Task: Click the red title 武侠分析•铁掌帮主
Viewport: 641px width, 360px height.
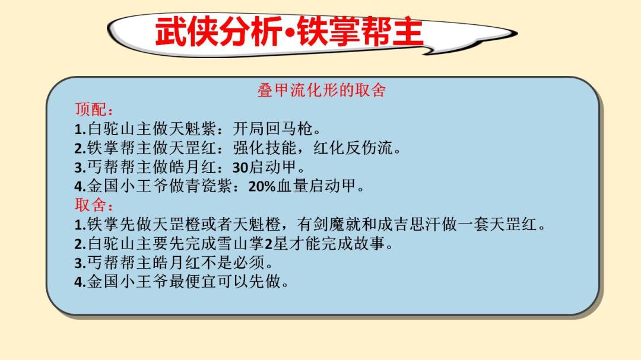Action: [x=288, y=31]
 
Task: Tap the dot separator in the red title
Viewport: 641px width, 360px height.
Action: [x=290, y=33]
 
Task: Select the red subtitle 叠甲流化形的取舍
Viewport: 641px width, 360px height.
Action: [x=322, y=90]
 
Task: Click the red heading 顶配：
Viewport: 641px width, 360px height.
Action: [x=94, y=110]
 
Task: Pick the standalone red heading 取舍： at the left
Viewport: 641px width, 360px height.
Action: [x=94, y=205]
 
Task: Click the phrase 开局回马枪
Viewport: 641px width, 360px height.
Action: [x=272, y=129]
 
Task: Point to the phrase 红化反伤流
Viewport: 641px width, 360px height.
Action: [x=353, y=148]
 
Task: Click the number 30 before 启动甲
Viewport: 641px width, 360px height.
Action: [x=240, y=167]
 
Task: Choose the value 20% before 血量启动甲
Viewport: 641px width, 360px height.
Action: [x=262, y=187]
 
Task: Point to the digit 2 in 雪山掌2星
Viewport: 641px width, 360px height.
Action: [x=269, y=244]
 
